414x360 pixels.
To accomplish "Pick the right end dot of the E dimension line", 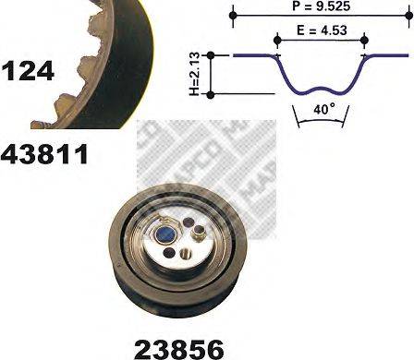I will point(363,39).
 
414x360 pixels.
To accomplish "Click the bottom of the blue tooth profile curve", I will point(320,93).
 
